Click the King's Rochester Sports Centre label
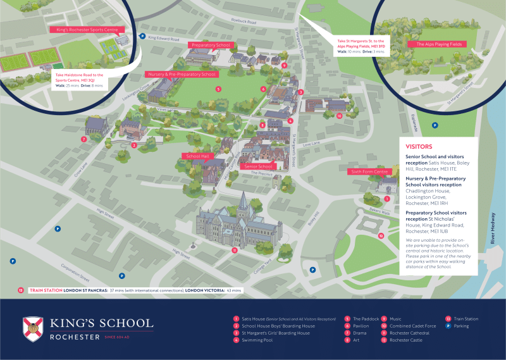tap(88, 29)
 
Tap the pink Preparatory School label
tap(211, 46)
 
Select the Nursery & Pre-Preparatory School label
tap(182, 74)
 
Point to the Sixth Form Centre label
tap(370, 171)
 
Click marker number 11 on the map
tap(234, 250)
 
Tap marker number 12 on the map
tap(381, 235)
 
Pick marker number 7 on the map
tap(83, 139)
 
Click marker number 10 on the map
tap(339, 116)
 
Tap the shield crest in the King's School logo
tap(33, 327)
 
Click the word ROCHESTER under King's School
tap(73, 337)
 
